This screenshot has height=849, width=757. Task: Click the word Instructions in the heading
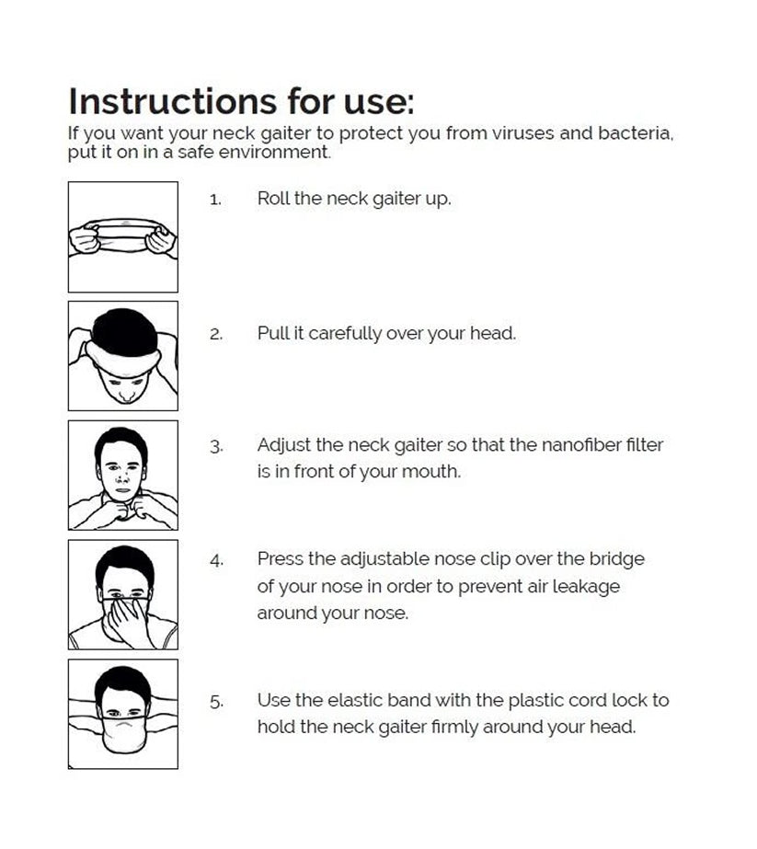tap(173, 101)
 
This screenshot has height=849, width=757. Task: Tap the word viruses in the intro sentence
tap(522, 133)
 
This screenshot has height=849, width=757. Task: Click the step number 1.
tap(215, 200)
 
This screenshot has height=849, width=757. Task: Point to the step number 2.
tap(216, 334)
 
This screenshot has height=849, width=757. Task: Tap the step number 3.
tap(216, 447)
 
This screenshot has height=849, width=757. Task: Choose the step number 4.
tap(216, 560)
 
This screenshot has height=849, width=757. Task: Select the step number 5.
tap(216, 702)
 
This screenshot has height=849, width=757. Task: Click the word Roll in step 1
tap(273, 198)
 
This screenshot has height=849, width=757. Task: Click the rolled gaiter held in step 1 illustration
tap(123, 237)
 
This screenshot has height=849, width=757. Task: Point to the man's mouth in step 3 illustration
tap(122, 490)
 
